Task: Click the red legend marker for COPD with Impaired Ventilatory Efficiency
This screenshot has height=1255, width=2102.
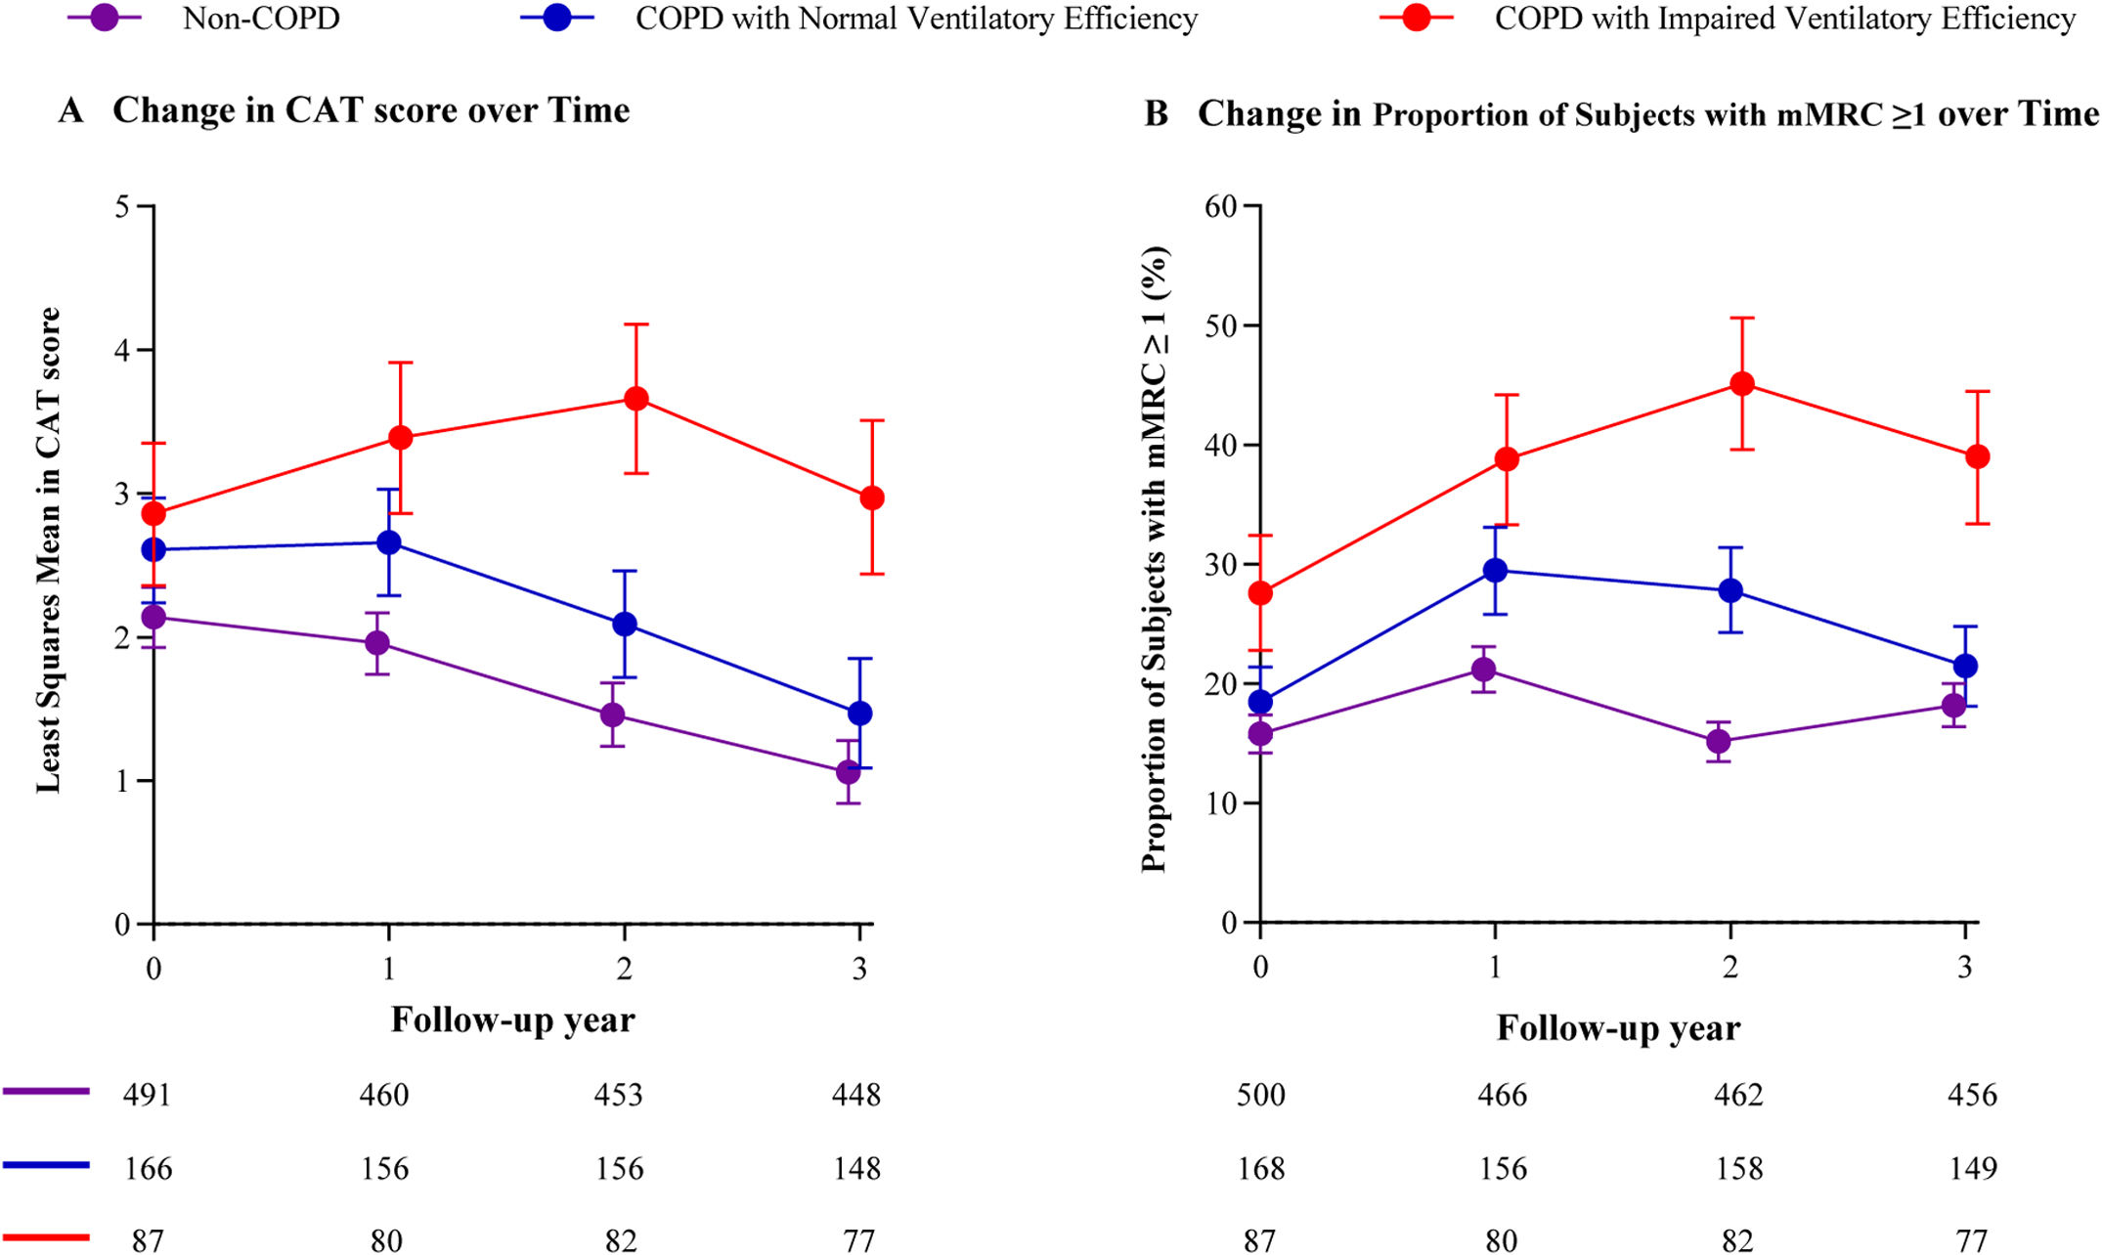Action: click(x=1416, y=19)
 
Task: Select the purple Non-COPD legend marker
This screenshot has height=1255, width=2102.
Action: click(x=104, y=19)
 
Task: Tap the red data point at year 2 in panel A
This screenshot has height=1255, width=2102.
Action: click(x=635, y=399)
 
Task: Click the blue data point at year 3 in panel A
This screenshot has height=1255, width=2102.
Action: click(x=859, y=714)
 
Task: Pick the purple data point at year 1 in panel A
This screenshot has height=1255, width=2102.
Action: click(x=377, y=643)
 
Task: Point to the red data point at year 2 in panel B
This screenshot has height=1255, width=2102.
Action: click(x=1742, y=384)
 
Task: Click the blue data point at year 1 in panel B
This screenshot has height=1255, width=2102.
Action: click(x=1495, y=571)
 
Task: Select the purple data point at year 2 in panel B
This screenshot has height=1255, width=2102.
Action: click(x=1719, y=742)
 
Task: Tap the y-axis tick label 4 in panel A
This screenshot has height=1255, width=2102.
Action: click(x=122, y=350)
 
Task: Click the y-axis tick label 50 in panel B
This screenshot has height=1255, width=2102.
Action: click(x=1221, y=325)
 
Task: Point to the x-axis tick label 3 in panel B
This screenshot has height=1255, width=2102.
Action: click(x=1965, y=968)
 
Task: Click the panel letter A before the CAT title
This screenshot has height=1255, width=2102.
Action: click(x=70, y=110)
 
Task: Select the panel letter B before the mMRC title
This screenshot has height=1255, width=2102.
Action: click(x=1157, y=114)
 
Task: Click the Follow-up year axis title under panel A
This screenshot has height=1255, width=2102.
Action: click(x=512, y=1020)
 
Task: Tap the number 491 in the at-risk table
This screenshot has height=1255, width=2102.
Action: click(x=147, y=1094)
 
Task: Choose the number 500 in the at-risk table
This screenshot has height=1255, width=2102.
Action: click(x=1260, y=1094)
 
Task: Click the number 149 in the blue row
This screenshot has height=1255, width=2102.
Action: click(x=1972, y=1168)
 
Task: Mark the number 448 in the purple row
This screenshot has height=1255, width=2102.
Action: click(x=856, y=1094)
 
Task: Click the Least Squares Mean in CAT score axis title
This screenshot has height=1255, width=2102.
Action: click(x=49, y=550)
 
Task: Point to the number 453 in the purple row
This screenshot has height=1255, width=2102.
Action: click(x=619, y=1094)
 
